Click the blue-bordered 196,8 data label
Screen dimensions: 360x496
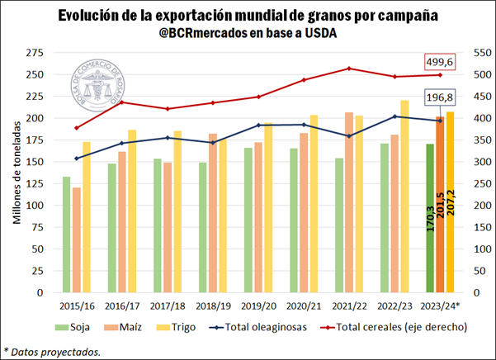(444, 98)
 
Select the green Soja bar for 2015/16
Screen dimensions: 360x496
(66, 234)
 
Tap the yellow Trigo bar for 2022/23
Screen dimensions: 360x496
(404, 197)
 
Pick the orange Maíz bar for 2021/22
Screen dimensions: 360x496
(348, 202)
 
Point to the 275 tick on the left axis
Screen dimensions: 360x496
(35, 53)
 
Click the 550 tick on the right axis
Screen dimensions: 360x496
(478, 53)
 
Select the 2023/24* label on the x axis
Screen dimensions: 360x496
(441, 306)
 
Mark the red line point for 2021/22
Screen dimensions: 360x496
(349, 69)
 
